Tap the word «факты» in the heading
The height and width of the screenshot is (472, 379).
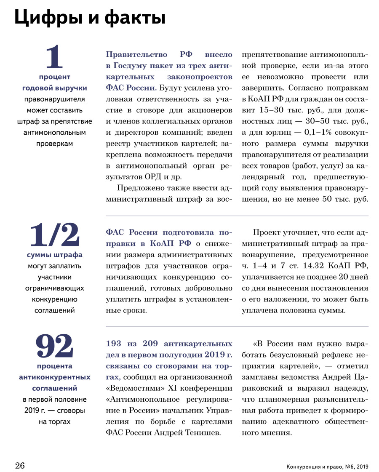point(133,19)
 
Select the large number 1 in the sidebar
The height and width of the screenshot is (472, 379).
point(54,58)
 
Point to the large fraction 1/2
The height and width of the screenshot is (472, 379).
point(54,235)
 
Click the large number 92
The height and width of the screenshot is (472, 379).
point(54,346)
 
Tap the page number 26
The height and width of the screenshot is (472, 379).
point(20,466)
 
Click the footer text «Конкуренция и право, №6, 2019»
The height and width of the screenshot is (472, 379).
point(327,467)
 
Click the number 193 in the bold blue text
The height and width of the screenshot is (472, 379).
point(115,344)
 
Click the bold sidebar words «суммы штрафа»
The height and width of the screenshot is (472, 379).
point(54,255)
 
